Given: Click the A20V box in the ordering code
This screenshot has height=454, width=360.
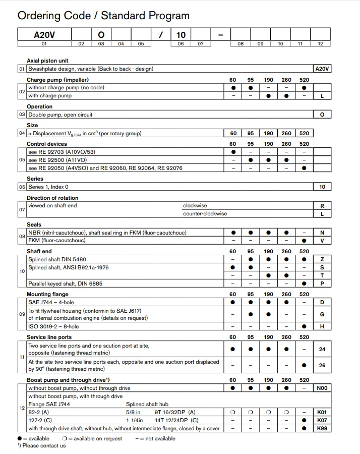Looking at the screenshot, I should pos(44,34).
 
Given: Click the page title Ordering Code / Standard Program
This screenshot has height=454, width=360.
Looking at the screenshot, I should pos(103,16).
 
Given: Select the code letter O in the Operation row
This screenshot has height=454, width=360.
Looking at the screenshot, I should pos(322,115).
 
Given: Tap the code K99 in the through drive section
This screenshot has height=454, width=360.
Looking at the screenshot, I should pos(322,428).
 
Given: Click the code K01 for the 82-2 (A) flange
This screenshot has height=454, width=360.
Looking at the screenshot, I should pos(322,412).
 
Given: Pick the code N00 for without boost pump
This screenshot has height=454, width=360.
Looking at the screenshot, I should pos(322,388).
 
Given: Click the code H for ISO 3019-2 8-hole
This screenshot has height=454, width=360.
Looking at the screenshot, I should pos(322,326).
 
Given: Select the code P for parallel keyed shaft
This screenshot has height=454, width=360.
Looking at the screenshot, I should pos(322,283).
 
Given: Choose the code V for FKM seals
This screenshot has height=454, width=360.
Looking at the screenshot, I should pos(322,241).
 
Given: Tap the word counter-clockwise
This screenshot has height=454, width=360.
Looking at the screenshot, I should pos(205,213).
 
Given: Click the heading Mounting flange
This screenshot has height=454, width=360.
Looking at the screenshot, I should pos(47,294).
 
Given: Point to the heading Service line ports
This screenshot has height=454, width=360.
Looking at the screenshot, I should pos(49,337).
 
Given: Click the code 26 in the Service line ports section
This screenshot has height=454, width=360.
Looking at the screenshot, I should pos(322,365).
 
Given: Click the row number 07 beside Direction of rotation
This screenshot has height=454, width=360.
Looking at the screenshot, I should pos(22,209).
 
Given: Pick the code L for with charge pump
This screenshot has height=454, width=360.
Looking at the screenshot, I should pos(322,96).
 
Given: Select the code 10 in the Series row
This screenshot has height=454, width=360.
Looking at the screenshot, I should pos(322,187).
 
